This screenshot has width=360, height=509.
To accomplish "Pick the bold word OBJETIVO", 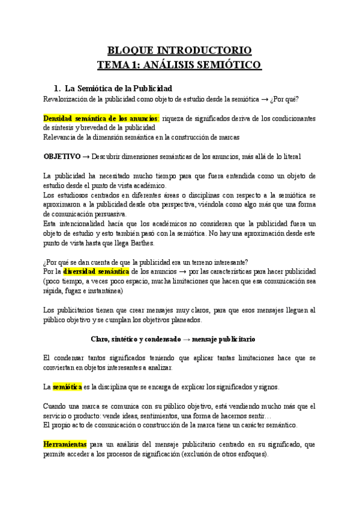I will [64, 156].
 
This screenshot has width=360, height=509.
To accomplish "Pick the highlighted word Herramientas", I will [65, 445].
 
